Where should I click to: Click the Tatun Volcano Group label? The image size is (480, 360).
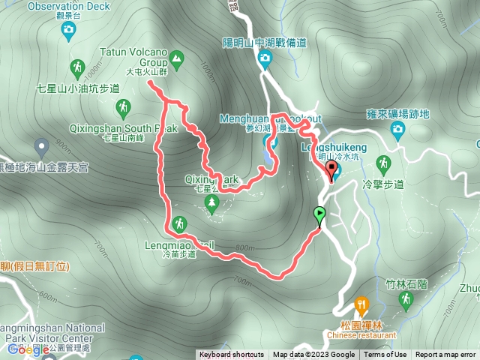click(133, 58)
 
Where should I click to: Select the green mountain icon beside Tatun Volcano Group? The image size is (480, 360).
click(176, 58)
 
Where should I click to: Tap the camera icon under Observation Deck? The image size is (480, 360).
click(69, 30)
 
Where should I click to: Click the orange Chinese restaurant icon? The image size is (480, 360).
click(361, 305)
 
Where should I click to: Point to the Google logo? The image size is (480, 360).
click(28, 349)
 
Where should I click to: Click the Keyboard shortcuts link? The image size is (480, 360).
click(231, 355)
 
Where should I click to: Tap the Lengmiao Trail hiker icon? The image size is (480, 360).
click(179, 223)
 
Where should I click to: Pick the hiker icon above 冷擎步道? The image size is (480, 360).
click(384, 163)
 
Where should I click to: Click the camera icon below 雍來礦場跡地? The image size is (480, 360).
click(398, 131)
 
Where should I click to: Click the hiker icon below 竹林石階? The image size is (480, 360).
click(406, 299)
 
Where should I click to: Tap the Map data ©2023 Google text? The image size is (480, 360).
click(313, 355)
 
